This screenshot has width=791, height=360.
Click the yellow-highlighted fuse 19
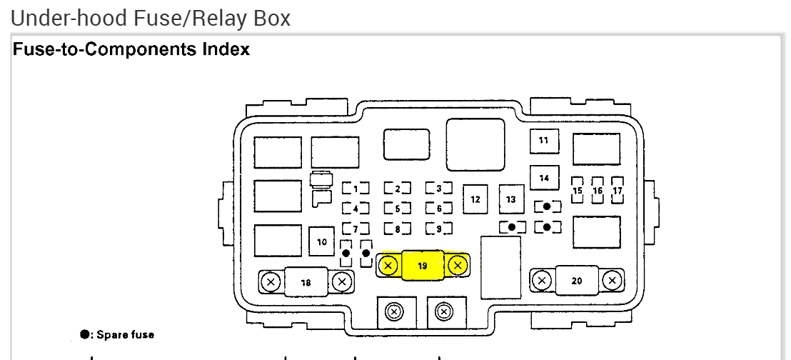coord(423,265)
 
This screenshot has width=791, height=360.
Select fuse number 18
coord(306,281)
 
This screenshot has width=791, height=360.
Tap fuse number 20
coord(577,281)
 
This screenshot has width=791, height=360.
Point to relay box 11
coord(544,141)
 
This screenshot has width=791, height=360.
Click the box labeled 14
coord(544,178)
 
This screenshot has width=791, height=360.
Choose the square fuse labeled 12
coord(475,199)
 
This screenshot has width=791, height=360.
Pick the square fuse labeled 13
coord(512,199)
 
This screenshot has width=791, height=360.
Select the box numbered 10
coord(322,241)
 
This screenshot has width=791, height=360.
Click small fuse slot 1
coord(356,189)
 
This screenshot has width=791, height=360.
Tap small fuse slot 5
coord(397,209)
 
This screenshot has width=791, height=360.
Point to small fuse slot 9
coord(438,229)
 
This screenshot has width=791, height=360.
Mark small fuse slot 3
coord(438,189)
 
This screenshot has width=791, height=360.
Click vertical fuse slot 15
coord(578,190)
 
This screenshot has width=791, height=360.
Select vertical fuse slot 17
coord(618,190)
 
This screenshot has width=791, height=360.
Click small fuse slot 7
coord(356,229)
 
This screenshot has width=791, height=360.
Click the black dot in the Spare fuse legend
coord(85,334)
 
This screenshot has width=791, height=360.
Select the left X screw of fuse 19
coord(388,265)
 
